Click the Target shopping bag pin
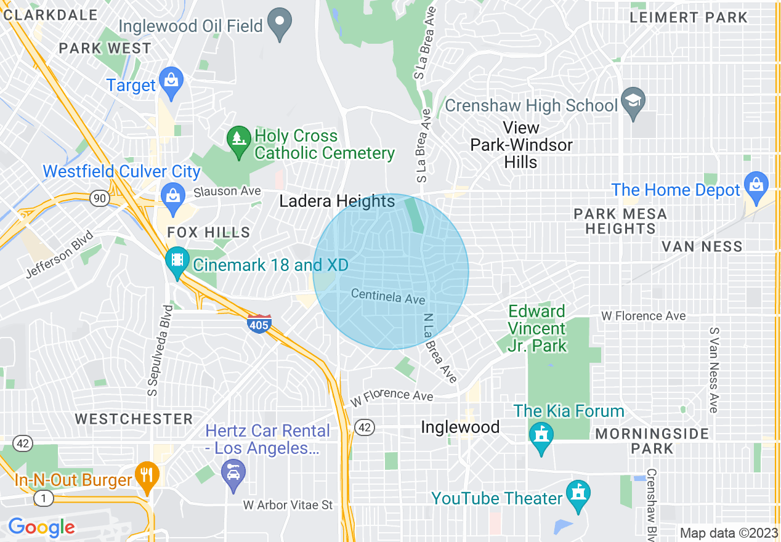click(171, 81)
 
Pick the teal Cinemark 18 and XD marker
click(177, 262)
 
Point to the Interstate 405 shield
click(259, 323)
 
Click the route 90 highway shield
click(99, 198)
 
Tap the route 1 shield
click(43, 499)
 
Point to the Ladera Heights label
click(337, 201)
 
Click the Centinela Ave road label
click(388, 296)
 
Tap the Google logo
click(41, 527)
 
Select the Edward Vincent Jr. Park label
click(536, 328)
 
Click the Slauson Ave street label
click(227, 192)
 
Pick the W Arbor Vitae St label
click(288, 505)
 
